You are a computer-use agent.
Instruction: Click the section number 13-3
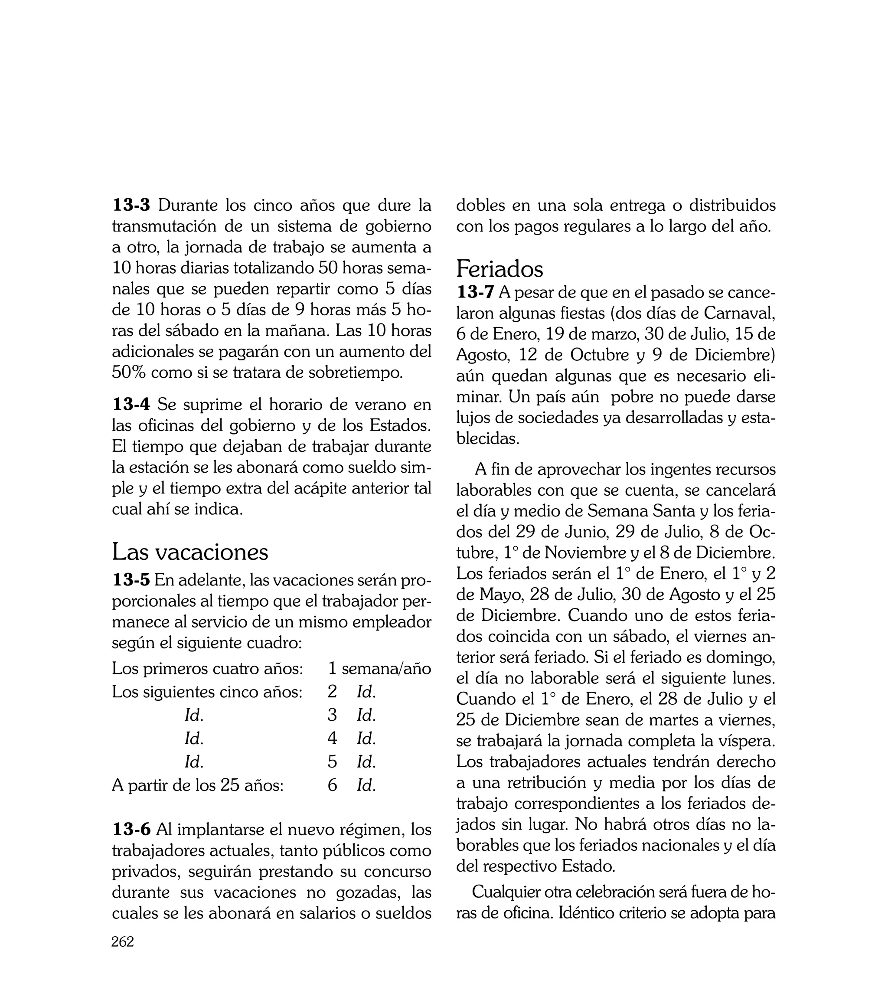(x=131, y=206)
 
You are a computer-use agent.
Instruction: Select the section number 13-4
(x=131, y=405)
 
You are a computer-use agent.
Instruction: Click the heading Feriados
(x=499, y=269)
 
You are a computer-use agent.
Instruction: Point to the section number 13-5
(x=131, y=580)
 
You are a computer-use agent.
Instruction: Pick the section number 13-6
(x=131, y=830)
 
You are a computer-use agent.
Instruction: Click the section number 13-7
(x=475, y=292)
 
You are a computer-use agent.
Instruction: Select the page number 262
(x=122, y=955)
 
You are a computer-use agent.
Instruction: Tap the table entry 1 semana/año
(x=379, y=668)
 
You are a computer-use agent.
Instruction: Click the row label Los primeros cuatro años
(x=208, y=668)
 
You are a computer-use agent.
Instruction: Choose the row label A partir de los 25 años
(x=198, y=785)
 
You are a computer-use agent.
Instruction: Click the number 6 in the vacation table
(x=332, y=785)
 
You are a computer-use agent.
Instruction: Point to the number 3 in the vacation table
(x=332, y=715)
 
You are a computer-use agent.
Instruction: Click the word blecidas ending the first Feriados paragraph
(x=487, y=438)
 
